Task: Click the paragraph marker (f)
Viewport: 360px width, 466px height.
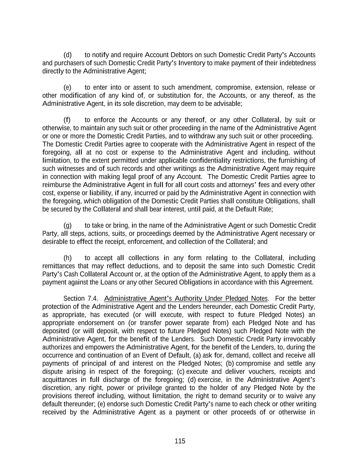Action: point(67,120)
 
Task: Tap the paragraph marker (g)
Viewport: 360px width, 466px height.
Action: point(68,226)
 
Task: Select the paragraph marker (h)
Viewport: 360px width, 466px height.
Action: point(68,258)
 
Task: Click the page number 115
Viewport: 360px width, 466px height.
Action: point(180,441)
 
